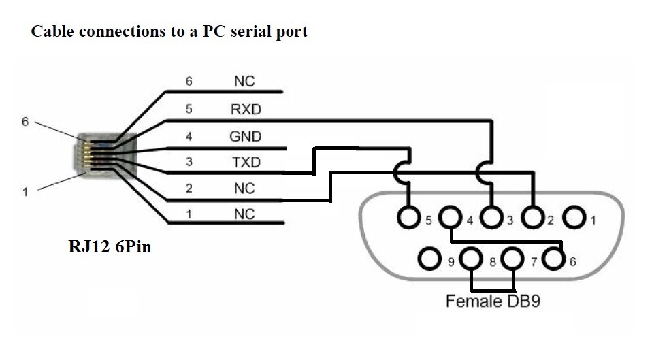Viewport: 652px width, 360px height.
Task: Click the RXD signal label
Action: coord(245,109)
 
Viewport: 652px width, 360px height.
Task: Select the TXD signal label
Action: coord(245,163)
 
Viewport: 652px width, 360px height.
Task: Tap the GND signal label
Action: coord(245,136)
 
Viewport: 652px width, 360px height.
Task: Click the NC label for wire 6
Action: coord(244,82)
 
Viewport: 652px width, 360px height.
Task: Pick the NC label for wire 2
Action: coord(244,189)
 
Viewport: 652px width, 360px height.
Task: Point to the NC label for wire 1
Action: coord(244,214)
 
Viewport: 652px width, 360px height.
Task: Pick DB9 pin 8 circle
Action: coord(471,259)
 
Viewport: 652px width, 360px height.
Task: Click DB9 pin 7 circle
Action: coord(512,259)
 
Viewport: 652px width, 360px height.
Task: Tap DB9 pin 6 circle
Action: coord(555,259)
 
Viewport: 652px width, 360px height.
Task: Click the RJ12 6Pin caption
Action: coord(110,247)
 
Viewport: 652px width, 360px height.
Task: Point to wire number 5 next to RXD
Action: coord(189,109)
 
